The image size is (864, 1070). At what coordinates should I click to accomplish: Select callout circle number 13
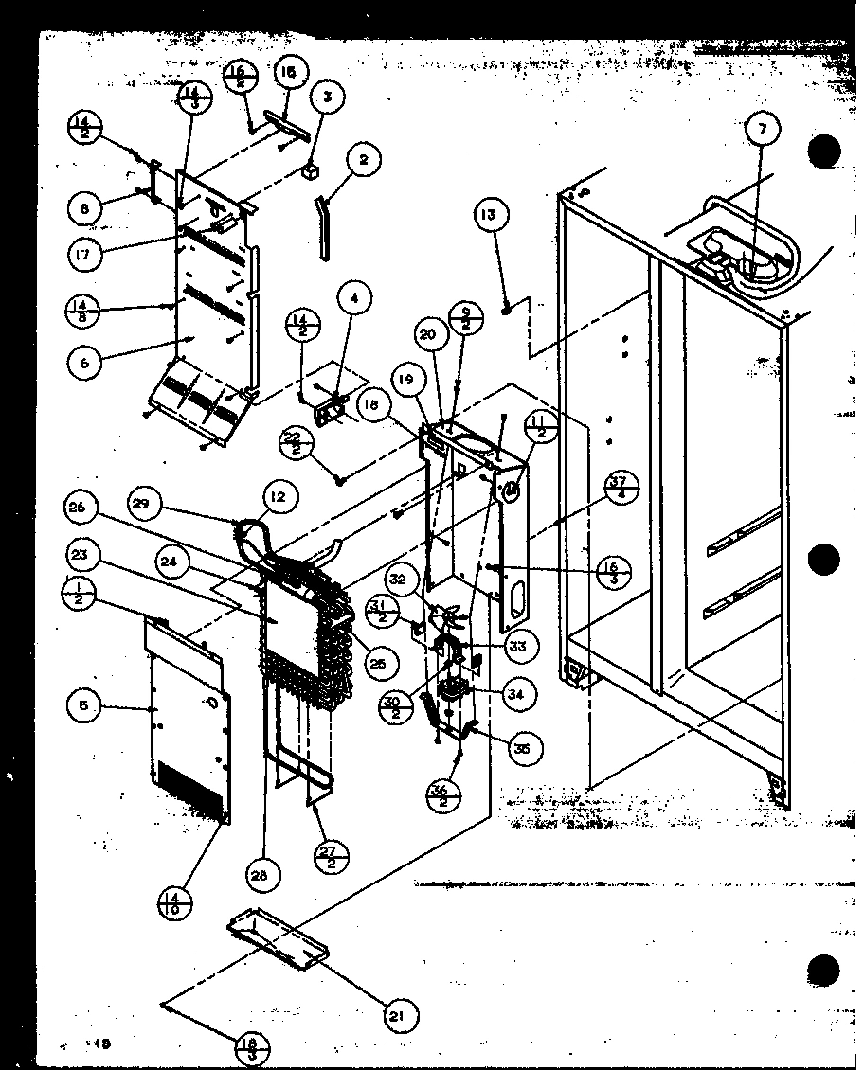(488, 216)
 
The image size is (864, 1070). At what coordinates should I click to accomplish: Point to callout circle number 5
(84, 704)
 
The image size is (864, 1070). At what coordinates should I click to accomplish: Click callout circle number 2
(363, 161)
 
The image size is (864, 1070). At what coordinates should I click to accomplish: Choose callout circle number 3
(327, 96)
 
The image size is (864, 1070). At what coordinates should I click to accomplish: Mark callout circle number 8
(85, 208)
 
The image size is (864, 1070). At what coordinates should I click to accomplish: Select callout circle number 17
(84, 254)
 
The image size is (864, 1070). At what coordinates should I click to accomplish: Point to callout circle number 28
(265, 876)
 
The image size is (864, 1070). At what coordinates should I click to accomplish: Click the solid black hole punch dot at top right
(824, 152)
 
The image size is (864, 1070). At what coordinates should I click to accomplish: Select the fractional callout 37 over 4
(619, 489)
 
